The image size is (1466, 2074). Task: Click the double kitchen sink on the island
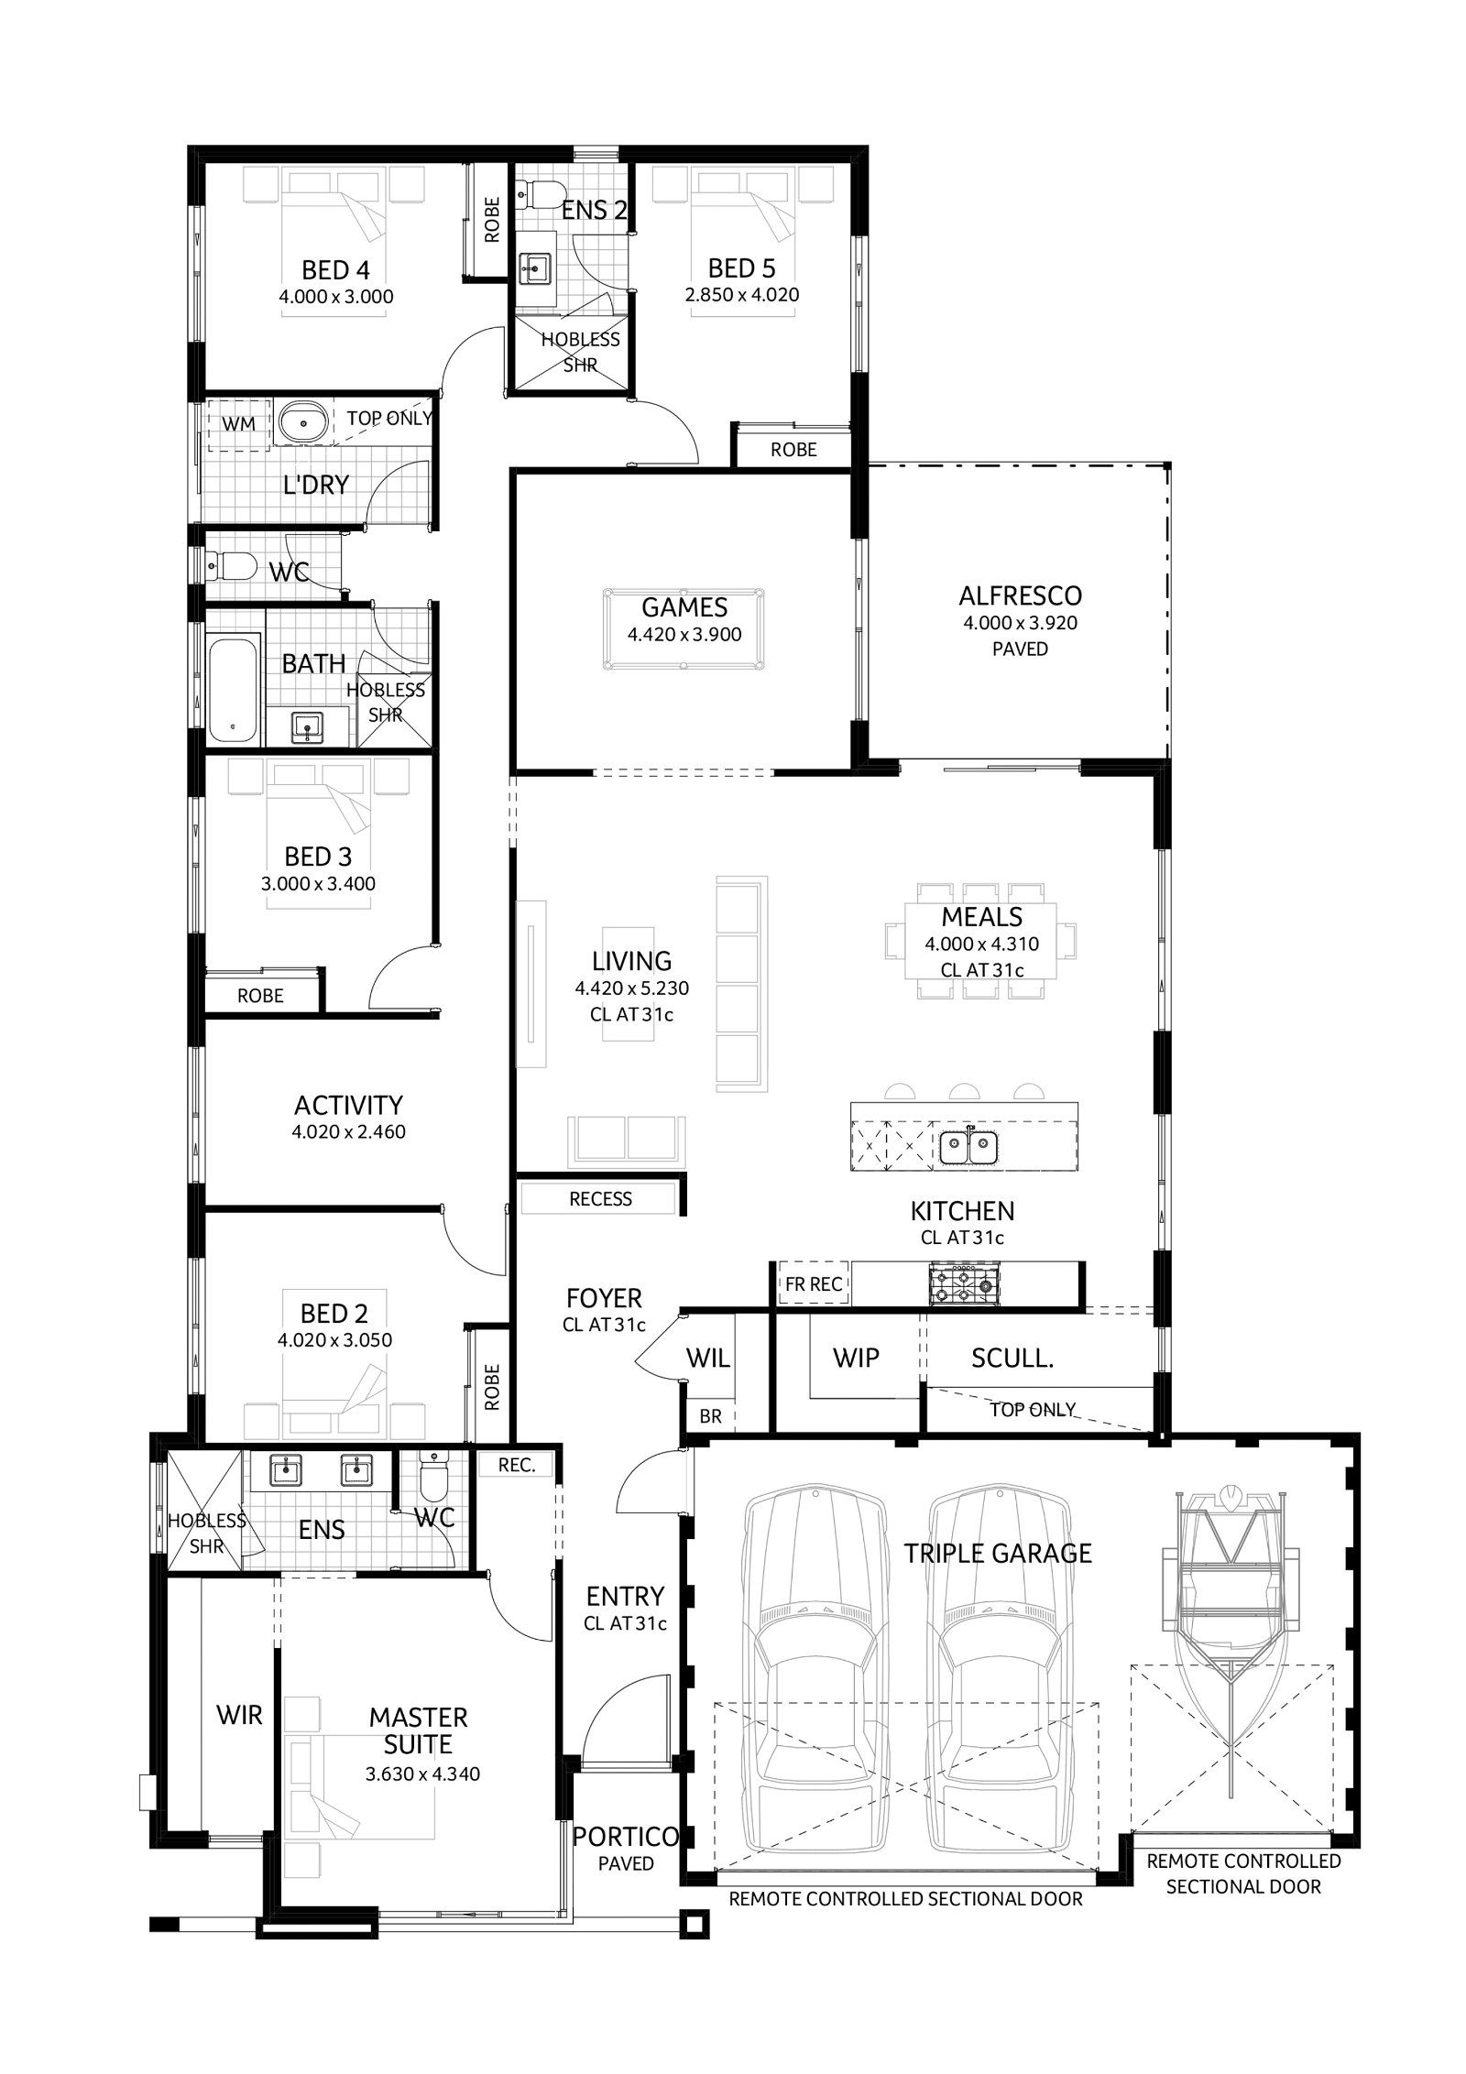point(968,1145)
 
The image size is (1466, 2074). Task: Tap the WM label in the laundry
point(240,423)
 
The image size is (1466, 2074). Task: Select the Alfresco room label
point(1020,595)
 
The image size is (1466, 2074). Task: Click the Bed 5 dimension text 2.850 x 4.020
point(742,295)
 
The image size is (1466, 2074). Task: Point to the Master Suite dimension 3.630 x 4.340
point(422,1774)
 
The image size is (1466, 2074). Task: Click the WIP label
point(856,1358)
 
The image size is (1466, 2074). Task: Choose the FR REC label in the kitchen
point(814,1284)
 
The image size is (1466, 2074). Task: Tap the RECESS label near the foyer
point(601,1199)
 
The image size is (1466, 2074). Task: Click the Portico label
point(626,1836)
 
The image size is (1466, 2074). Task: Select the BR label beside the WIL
point(710,1416)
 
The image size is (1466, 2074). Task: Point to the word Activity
point(348,1105)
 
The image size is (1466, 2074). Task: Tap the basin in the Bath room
point(306,728)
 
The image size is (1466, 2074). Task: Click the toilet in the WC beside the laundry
point(229,566)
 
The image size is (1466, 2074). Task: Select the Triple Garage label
point(998,1554)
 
